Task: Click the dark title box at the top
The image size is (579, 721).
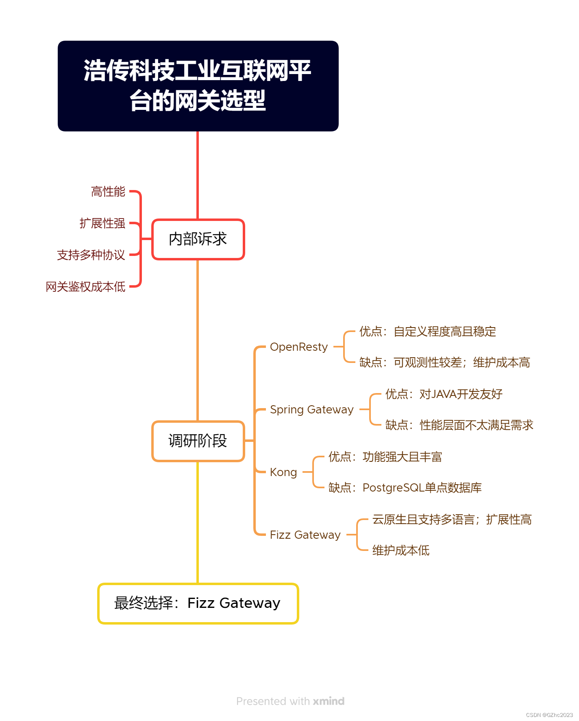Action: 198,86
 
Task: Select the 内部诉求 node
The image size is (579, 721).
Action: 198,239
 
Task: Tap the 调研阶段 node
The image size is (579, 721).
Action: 198,441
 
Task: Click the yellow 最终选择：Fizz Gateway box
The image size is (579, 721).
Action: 198,603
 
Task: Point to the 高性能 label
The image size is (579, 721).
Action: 108,192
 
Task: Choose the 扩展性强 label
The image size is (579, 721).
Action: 102,223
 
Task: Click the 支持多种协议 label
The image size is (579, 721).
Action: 91,255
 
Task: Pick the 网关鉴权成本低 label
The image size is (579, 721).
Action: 85,287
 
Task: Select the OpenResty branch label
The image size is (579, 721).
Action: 299,347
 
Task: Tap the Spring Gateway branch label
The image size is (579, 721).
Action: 312,410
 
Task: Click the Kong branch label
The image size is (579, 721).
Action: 283,472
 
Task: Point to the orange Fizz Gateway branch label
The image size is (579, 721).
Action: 305,535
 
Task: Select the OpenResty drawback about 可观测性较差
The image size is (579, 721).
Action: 445,363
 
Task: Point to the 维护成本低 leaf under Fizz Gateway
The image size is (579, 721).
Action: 401,551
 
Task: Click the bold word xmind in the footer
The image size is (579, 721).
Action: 329,701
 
